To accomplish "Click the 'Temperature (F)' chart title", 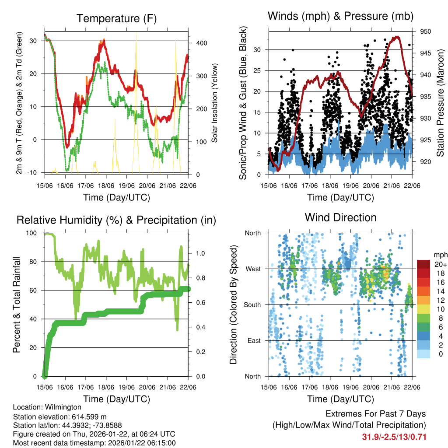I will click(116, 18).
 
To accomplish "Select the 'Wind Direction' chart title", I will click(340, 217).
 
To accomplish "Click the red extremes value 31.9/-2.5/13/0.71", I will click(394, 437).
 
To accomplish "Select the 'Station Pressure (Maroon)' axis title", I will click(440, 103).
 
